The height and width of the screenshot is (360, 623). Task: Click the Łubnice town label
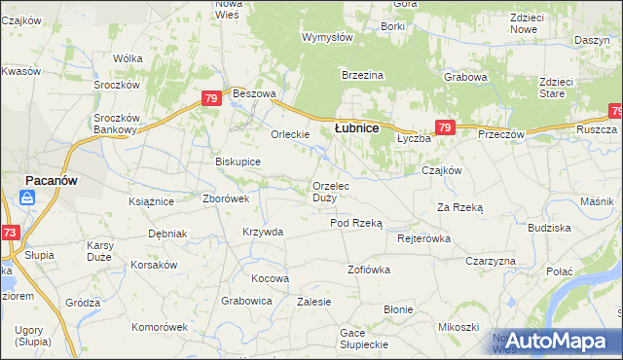(356, 127)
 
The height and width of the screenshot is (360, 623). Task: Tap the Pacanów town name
(52, 181)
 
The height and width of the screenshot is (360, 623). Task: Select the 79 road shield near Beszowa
(211, 98)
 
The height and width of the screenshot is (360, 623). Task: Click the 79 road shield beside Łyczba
(445, 127)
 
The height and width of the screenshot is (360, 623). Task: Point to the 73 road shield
(10, 233)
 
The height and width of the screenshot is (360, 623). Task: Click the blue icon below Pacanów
(27, 198)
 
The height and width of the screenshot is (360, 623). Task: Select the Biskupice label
(238, 162)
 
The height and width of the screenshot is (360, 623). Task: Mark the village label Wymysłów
(327, 37)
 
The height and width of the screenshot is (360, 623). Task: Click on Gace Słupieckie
(365, 339)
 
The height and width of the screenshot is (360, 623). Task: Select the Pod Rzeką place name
(356, 223)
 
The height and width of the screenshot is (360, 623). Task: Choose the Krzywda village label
(263, 232)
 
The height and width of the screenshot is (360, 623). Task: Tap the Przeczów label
(501, 134)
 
